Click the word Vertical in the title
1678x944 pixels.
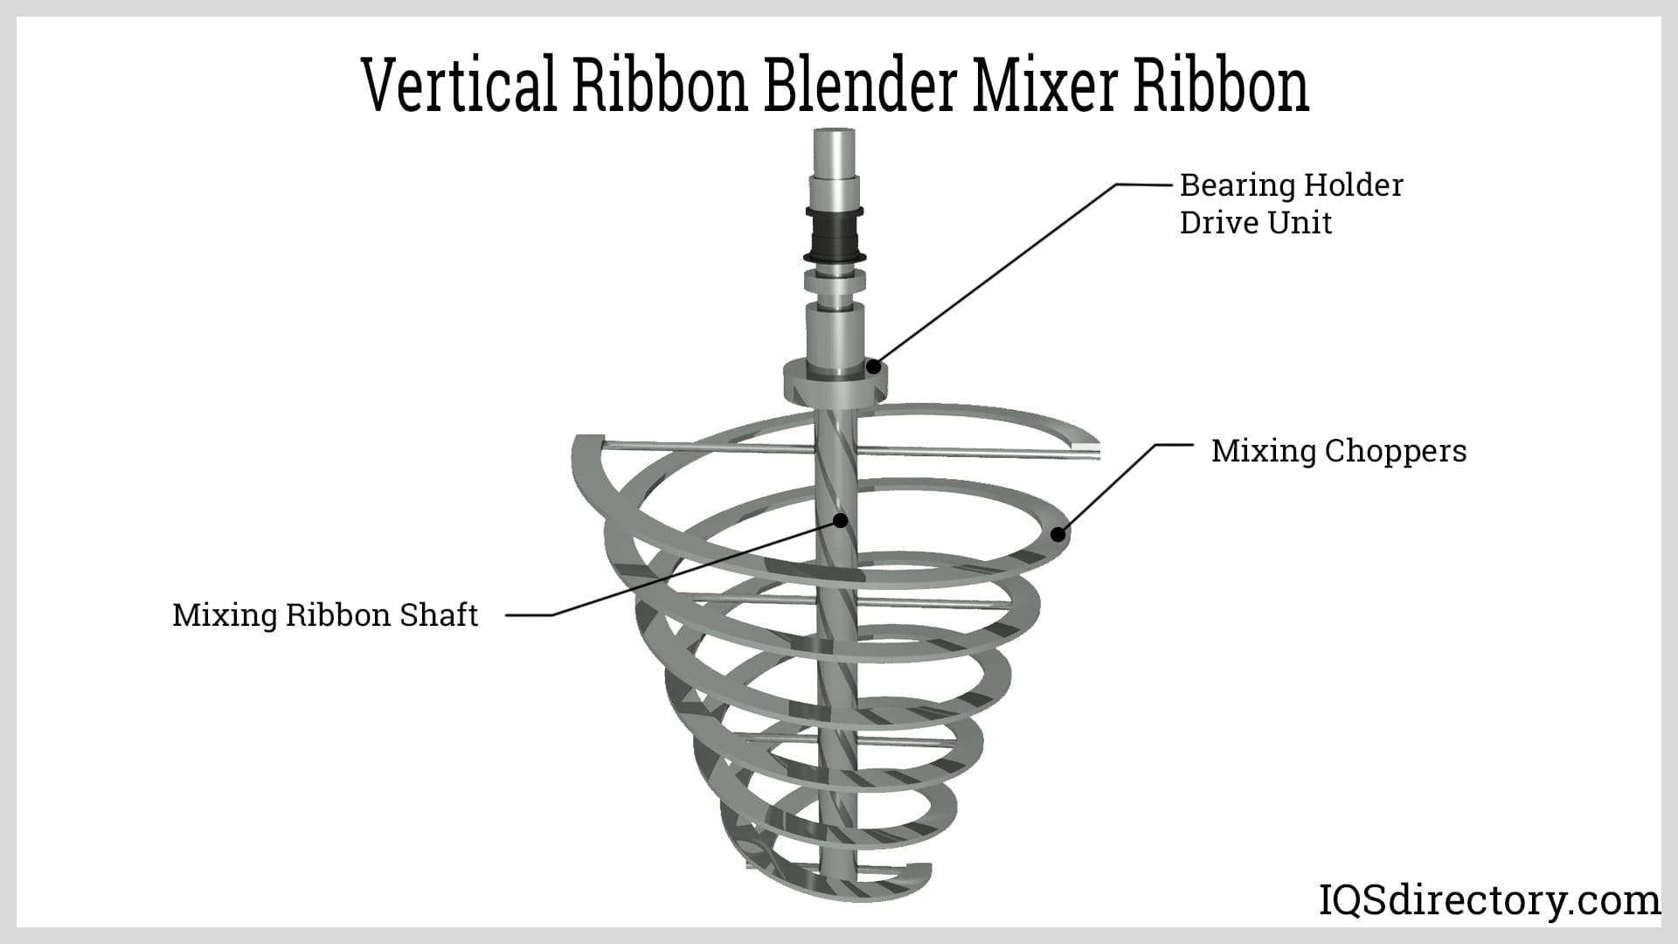coord(458,86)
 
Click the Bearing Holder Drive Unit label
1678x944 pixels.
coord(1290,204)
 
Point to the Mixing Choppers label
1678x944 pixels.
coord(1338,451)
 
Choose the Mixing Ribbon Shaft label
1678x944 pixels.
coord(325,615)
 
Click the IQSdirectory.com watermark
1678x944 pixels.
coord(1488,899)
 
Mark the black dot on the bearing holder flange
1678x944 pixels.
coord(872,367)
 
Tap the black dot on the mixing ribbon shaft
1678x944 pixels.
coord(841,520)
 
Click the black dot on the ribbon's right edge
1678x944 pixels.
coord(1057,533)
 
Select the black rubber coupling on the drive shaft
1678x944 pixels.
coord(834,234)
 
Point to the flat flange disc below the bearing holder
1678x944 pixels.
coord(835,385)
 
